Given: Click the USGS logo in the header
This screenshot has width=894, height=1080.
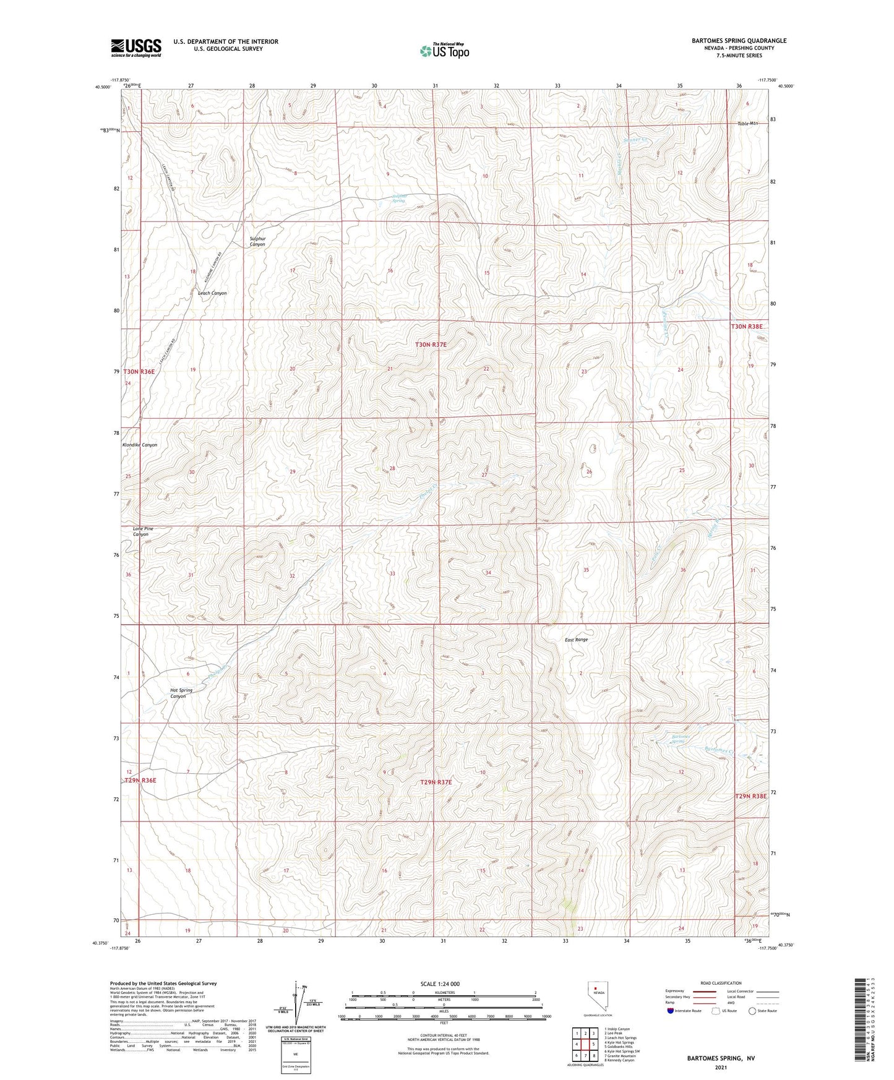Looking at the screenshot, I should (136, 48).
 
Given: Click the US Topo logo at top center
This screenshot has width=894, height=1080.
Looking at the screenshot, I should (444, 51).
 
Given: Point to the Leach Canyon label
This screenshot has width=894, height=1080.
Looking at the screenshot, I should (212, 293).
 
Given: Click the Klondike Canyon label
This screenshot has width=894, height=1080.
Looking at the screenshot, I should (139, 445).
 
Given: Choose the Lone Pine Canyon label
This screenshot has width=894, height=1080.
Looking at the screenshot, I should (143, 531).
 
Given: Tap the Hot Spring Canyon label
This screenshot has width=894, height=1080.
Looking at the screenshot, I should (181, 693).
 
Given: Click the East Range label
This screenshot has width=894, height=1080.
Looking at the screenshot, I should (576, 640).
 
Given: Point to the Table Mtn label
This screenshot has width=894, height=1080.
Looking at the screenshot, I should (747, 124).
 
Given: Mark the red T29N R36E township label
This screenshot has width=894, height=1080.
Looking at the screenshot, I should (140, 781).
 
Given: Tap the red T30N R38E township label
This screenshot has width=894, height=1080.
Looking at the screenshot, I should (747, 326).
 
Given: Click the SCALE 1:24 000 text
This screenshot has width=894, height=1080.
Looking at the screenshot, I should (440, 984).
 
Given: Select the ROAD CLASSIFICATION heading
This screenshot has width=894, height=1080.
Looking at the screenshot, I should (721, 983).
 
